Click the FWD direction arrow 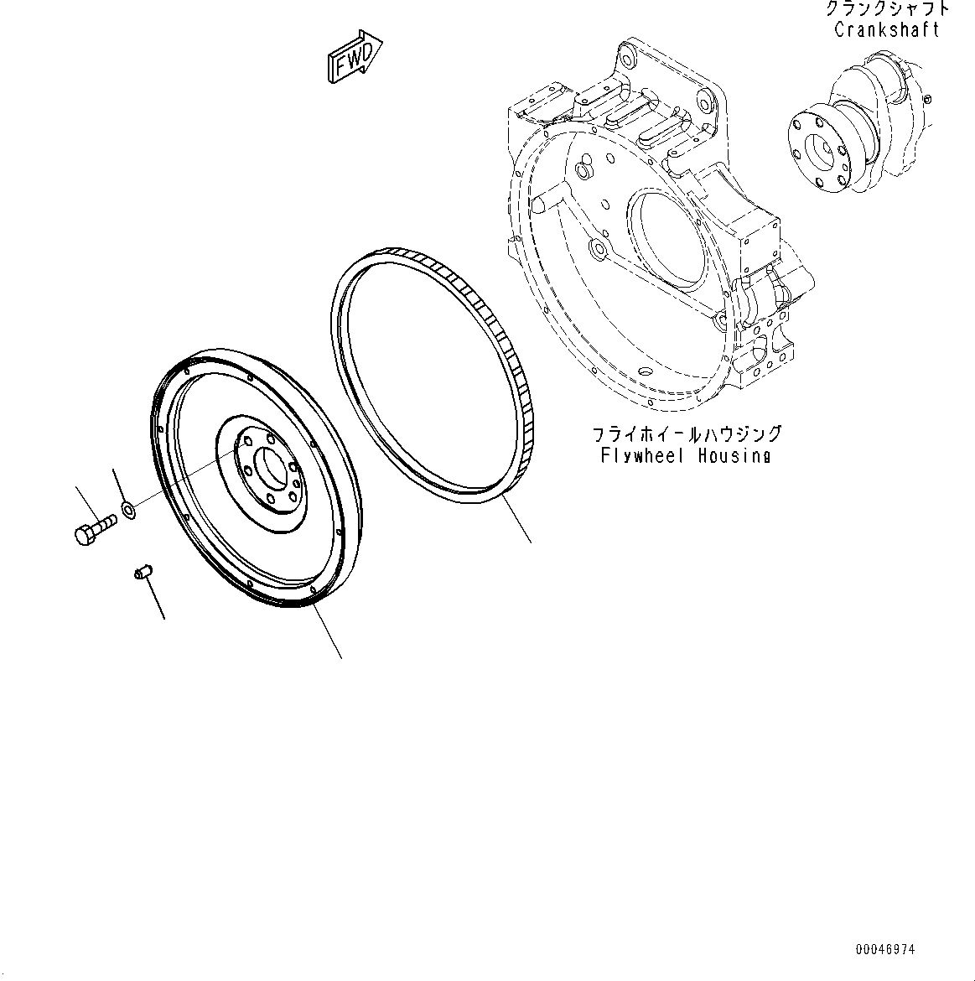(x=354, y=58)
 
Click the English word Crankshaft (x=886, y=30)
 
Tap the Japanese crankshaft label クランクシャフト (x=886, y=9)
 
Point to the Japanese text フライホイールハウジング (x=687, y=434)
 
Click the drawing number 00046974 (x=885, y=950)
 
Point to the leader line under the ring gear (x=517, y=521)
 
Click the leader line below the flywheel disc (x=328, y=633)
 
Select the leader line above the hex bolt (x=87, y=503)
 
